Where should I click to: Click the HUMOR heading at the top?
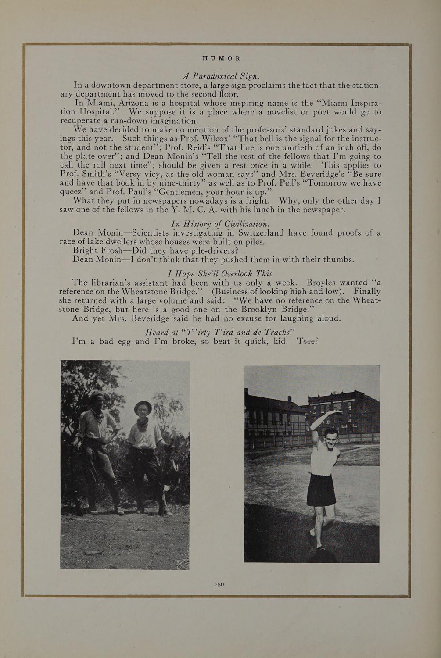coord(222,58)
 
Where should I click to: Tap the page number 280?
coord(219,584)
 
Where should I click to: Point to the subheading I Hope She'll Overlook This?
coord(220,273)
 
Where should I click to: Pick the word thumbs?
coord(338,260)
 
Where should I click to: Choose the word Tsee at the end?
coord(307,341)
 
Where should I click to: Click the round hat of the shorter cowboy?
coord(143,407)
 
